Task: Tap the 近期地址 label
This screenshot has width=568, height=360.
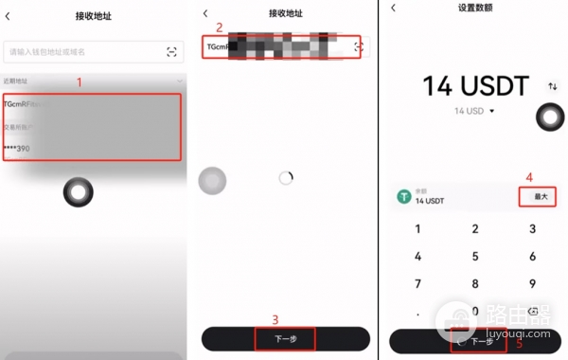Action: tap(17, 81)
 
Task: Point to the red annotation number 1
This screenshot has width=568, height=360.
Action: tap(80, 82)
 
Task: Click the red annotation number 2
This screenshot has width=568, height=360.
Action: tap(219, 27)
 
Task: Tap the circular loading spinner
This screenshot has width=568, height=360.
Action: tap(286, 177)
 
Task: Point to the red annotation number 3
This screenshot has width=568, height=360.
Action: tap(275, 319)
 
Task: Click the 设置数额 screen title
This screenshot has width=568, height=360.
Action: tap(475, 9)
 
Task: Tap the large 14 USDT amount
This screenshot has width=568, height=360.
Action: tap(474, 87)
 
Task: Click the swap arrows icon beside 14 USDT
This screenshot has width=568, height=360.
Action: tap(552, 86)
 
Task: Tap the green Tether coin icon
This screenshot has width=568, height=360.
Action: tap(405, 196)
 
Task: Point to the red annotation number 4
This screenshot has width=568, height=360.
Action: tap(529, 176)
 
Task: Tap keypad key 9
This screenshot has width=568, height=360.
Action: tap(533, 283)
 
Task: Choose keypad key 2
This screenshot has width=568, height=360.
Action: tap(475, 229)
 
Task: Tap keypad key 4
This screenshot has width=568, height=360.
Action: tap(417, 256)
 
